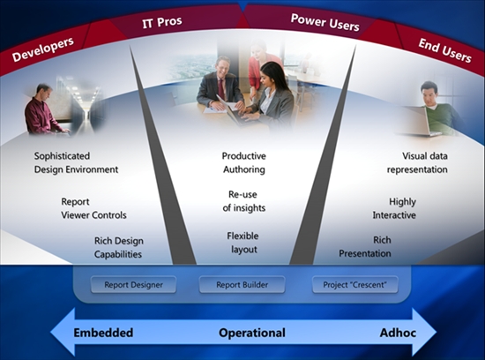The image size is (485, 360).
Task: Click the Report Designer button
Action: [133, 284]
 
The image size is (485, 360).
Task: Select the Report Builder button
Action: [242, 284]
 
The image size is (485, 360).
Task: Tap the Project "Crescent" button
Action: [354, 284]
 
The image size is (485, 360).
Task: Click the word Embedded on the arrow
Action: [103, 333]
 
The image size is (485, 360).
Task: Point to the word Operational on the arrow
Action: [252, 333]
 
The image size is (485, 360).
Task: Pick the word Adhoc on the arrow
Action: [398, 333]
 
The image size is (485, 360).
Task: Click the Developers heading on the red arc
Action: [42, 49]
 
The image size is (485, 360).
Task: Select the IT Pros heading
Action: [162, 22]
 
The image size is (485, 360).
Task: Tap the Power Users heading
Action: [325, 23]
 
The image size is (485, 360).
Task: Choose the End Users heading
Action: [444, 50]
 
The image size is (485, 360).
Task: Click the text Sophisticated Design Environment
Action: [76, 163]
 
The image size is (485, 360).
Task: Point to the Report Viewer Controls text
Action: [93, 208]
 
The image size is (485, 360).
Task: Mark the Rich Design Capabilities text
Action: [119, 248]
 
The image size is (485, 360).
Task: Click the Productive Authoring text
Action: [243, 163]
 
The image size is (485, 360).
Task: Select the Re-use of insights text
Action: [243, 201]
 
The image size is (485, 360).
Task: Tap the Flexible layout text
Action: [243, 243]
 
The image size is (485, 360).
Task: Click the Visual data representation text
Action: [417, 163]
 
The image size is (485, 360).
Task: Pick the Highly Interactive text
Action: [394, 208]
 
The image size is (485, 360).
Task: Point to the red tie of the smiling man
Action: [221, 89]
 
